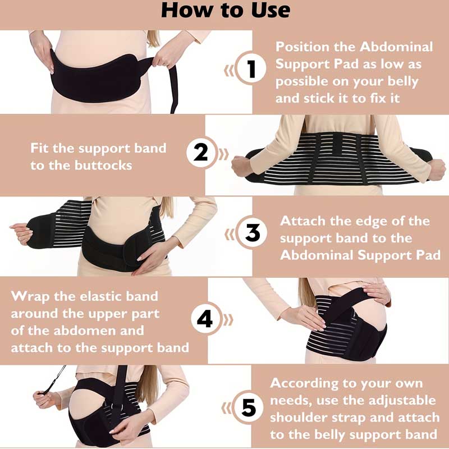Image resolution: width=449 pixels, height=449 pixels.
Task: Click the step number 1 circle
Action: pos(250,68)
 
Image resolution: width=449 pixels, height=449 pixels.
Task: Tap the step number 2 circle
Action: pos(201,152)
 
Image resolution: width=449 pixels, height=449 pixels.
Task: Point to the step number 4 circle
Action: pos(205,318)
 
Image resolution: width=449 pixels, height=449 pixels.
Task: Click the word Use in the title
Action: pos(271,11)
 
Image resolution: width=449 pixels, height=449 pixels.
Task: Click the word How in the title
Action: pos(188,11)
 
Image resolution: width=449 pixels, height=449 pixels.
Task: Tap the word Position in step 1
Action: pos(303,47)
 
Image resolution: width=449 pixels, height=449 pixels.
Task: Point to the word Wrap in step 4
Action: pos(30,297)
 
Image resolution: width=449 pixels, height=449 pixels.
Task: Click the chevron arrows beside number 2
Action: pos(223,154)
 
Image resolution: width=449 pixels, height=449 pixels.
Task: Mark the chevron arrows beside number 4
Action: pos(228,320)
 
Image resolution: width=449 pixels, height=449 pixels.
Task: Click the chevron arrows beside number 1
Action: pos(229,71)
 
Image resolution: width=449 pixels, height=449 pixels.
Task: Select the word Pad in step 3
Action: pos(428,255)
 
